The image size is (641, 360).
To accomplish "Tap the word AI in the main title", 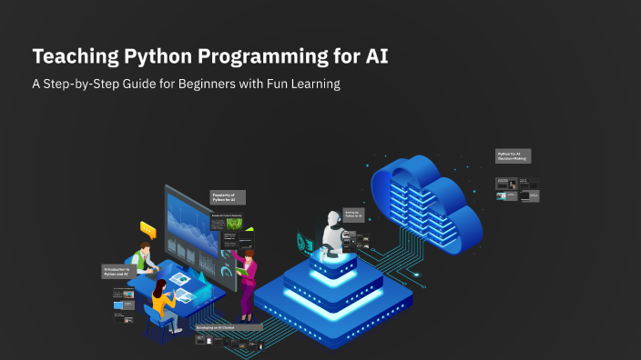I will (375, 56).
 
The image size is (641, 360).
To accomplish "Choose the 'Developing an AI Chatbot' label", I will (228, 325).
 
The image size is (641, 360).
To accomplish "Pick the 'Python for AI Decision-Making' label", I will (513, 156).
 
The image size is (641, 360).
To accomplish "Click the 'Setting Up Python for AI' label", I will (353, 215).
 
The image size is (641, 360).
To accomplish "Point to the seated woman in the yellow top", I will (161, 301).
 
